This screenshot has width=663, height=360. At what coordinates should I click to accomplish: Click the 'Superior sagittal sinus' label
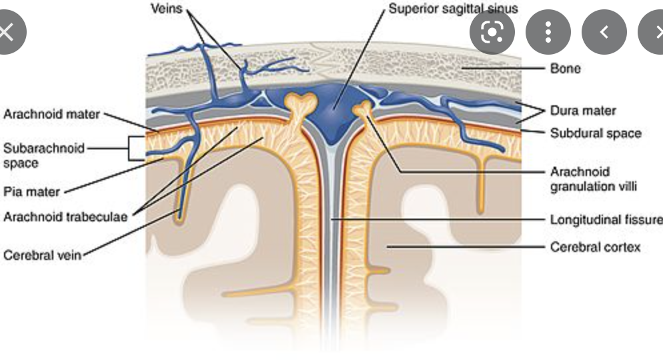click(454, 11)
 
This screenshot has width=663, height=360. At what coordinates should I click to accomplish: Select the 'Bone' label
click(565, 68)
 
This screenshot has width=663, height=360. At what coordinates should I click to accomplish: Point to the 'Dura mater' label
click(582, 111)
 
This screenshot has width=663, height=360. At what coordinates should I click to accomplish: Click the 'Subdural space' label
click(595, 133)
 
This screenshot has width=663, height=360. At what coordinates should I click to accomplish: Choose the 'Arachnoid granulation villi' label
click(593, 179)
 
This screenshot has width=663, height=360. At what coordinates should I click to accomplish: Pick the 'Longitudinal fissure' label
click(606, 219)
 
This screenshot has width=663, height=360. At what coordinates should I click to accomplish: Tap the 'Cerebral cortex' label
click(595, 247)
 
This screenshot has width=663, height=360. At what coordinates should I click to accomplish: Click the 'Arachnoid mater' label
click(51, 114)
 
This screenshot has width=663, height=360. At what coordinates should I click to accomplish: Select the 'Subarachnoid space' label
click(43, 155)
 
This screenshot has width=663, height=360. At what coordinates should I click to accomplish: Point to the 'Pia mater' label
click(31, 192)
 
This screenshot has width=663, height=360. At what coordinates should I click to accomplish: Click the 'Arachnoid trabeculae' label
click(65, 217)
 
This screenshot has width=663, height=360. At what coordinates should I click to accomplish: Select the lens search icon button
click(492, 31)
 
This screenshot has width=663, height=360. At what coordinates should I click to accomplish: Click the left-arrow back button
click(604, 31)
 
